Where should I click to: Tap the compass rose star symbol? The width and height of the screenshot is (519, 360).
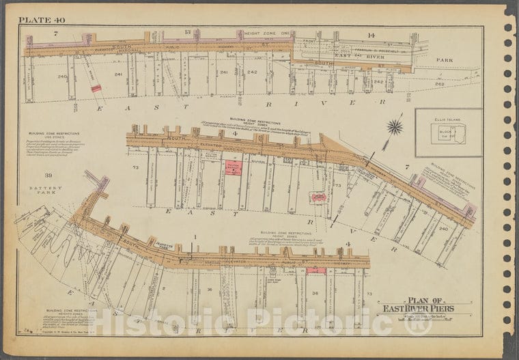click(x=394, y=126)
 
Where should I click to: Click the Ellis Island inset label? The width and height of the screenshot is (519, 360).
click(x=448, y=120)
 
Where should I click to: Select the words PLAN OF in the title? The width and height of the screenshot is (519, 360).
click(x=423, y=299)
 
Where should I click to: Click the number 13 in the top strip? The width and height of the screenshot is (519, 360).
click(x=187, y=32)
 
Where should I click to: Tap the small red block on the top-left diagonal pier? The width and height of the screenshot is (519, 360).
click(x=96, y=88)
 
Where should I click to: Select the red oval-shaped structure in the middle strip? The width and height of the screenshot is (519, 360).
click(x=318, y=197)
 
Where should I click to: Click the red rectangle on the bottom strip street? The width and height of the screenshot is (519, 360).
click(x=315, y=271)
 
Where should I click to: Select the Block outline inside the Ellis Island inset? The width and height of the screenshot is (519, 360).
click(x=451, y=133)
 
